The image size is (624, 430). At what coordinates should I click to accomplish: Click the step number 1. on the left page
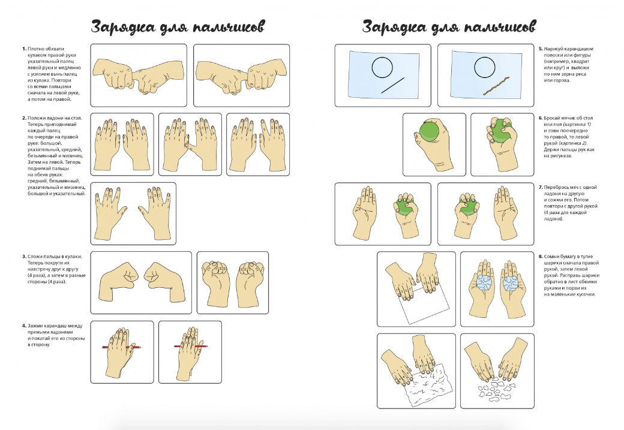(x=24, y=49)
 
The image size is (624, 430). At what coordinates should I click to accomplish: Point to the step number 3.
(x=24, y=257)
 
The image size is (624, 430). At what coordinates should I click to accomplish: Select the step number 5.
(x=541, y=49)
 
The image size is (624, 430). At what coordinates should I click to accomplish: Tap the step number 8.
(x=541, y=257)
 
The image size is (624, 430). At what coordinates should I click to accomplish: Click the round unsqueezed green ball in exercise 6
(x=430, y=131)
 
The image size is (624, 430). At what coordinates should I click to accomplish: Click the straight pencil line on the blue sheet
(x=393, y=85)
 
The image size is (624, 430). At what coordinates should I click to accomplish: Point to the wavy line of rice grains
(x=496, y=85)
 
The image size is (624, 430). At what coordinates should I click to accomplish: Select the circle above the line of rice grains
(x=484, y=67)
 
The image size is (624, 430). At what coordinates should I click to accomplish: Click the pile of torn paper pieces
(x=496, y=390)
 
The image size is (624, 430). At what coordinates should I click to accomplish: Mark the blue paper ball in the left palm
(x=484, y=284)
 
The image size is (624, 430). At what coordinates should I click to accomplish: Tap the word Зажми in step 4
(x=35, y=326)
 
